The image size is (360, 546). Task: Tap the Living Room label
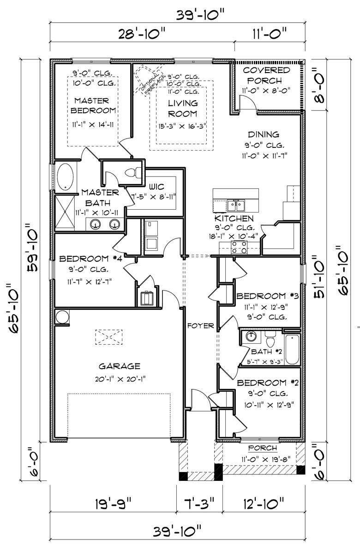[x=183, y=108]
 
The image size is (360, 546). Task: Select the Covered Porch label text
[x=267, y=75]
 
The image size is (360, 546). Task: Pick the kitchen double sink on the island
[x=236, y=204]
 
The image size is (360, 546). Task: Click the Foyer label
[x=200, y=326]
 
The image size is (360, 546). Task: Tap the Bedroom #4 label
[x=90, y=258]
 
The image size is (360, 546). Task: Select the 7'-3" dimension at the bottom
[x=199, y=502]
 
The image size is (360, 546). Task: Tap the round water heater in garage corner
[x=61, y=317]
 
